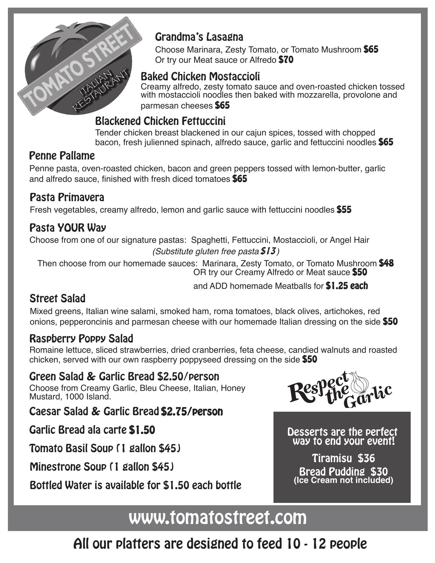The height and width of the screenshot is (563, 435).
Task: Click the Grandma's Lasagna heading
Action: coord(199,37)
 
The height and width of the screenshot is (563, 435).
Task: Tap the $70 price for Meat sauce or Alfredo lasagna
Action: coord(286,60)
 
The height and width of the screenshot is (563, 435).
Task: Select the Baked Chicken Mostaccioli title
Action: coord(200,77)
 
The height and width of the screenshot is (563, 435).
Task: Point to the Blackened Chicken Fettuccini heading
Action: coord(160,121)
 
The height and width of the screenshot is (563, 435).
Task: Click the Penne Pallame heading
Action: coord(62,156)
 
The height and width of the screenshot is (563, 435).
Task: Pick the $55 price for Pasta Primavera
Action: coord(344,210)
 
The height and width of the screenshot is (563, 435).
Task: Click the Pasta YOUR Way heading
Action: coord(68,228)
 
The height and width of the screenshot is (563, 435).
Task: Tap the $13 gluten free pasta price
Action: coord(268,251)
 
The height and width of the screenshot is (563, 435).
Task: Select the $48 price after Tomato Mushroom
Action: coord(386,263)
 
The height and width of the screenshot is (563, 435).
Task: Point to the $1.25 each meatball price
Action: coord(346,286)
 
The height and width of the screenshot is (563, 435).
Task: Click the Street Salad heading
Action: coord(57,299)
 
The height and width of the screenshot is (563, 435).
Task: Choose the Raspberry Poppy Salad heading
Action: coord(81,339)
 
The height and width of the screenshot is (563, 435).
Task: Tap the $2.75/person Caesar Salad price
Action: coord(192,412)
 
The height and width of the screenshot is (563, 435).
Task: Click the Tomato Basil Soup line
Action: coord(105,448)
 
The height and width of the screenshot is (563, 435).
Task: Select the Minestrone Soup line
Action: coord(102,467)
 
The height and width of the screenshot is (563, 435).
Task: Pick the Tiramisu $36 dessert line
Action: coord(343,458)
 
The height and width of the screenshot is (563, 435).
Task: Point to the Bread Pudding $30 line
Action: coord(343,472)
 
